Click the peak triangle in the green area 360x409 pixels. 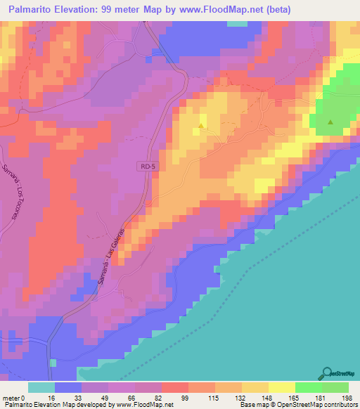330,122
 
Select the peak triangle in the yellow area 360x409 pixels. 202,126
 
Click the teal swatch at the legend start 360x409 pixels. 41,387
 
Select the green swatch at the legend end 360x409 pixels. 335,387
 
